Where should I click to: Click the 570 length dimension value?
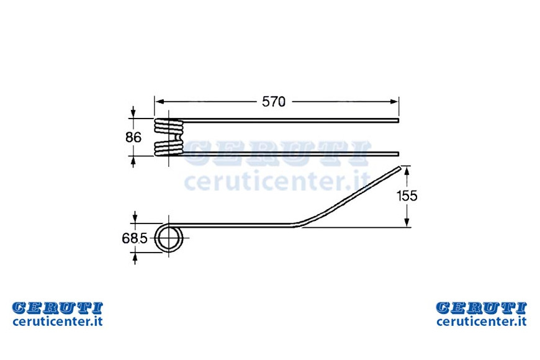coord(274,102)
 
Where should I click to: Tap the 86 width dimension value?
coord(133,137)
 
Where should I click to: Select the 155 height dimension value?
coord(407,196)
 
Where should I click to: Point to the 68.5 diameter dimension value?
coord(135,238)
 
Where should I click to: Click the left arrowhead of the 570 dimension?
coord(159,102)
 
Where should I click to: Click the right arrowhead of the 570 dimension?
coord(394,102)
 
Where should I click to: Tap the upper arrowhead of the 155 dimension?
coord(407,171)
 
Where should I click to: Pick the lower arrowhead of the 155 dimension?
coord(407,223)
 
